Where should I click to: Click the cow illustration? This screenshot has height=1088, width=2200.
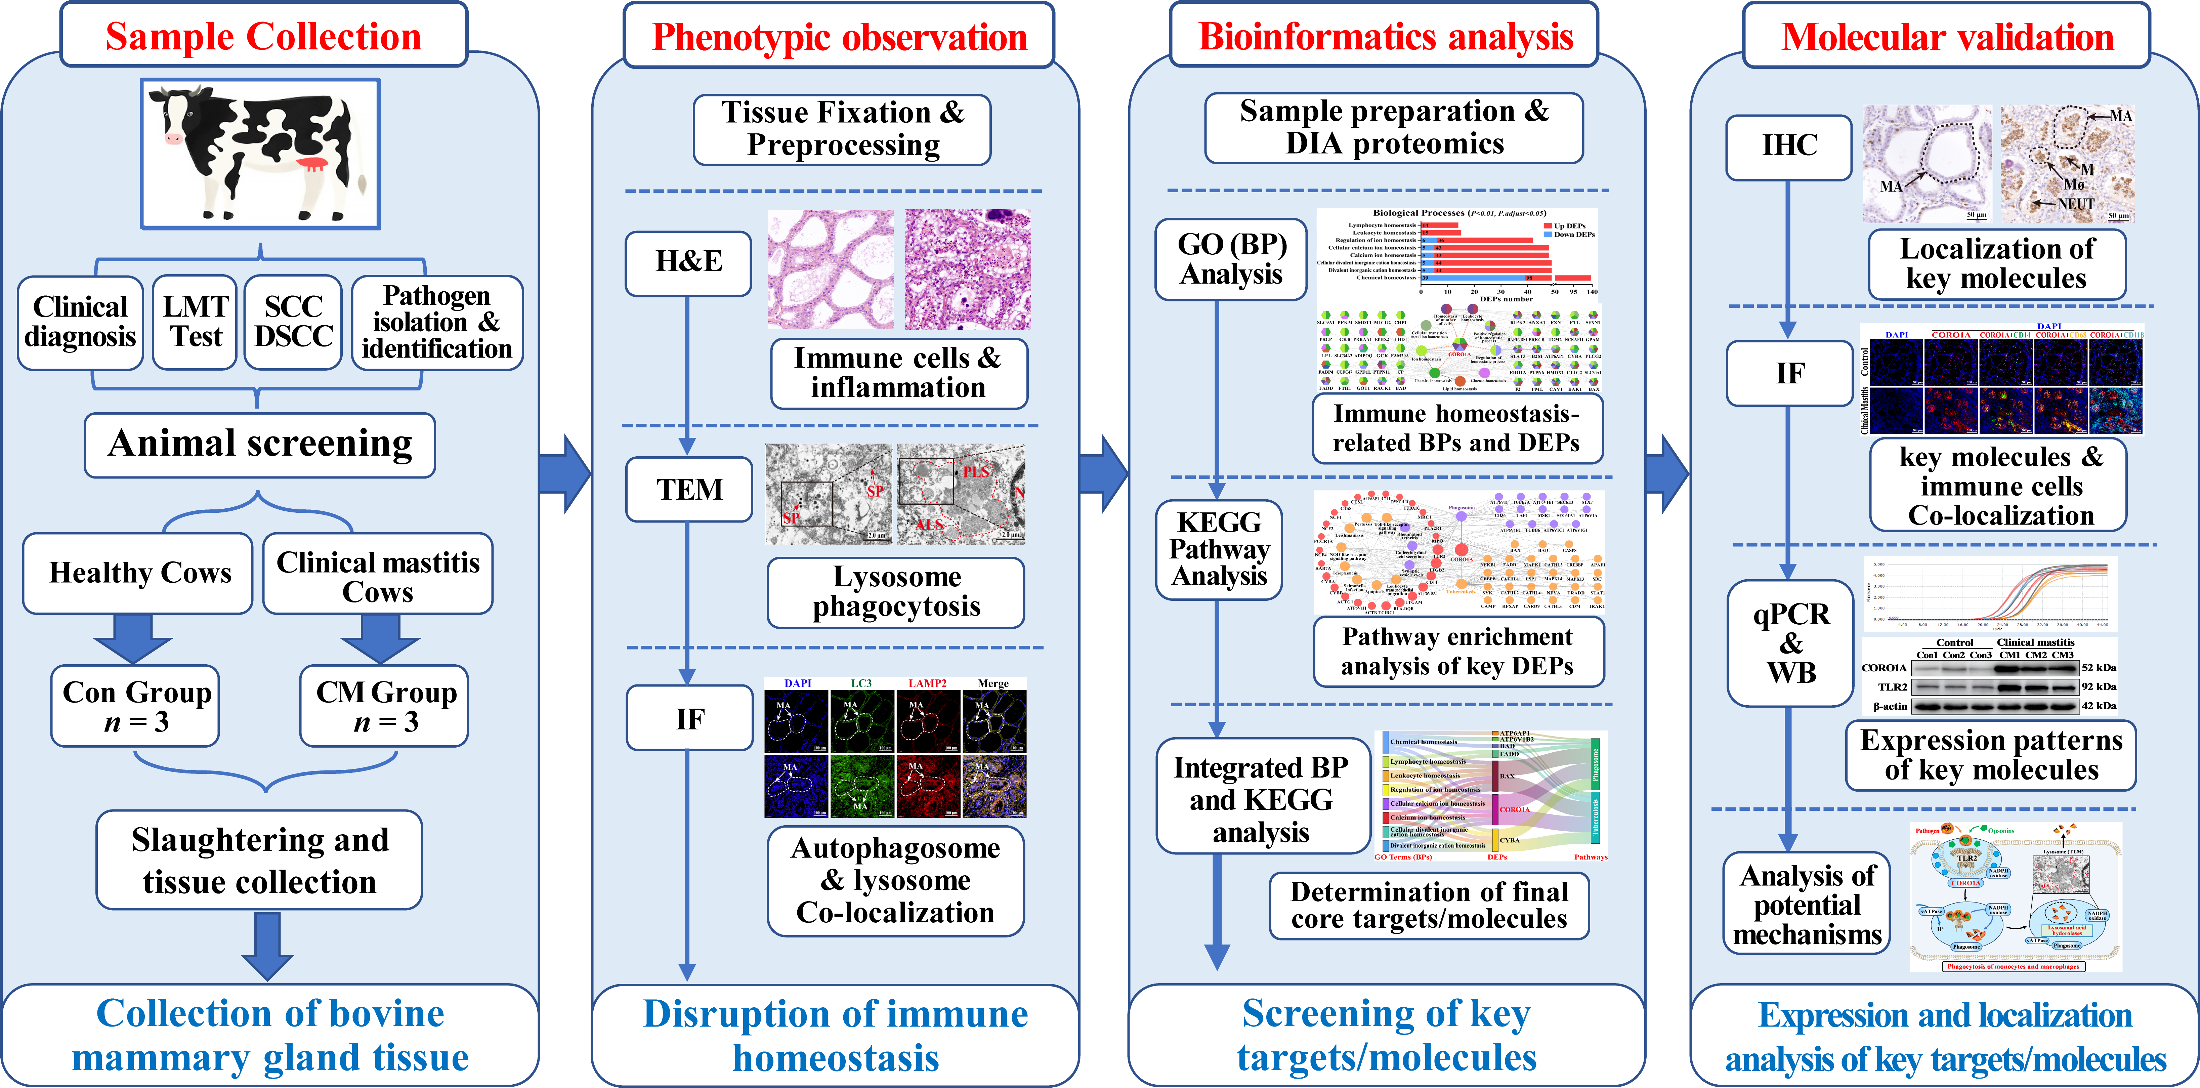(260, 154)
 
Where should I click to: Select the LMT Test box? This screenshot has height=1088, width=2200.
(196, 322)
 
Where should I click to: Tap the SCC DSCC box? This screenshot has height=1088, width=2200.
(293, 322)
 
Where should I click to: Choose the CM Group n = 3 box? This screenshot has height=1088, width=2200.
(384, 706)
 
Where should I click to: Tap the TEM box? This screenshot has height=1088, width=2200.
(688, 489)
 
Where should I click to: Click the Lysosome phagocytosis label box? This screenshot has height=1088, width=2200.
(896, 592)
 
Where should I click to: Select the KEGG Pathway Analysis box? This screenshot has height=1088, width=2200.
(1219, 549)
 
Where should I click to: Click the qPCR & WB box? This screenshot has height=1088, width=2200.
(1791, 643)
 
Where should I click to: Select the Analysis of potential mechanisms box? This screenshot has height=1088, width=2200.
(1806, 905)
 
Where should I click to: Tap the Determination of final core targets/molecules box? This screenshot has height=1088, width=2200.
(1429, 905)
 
